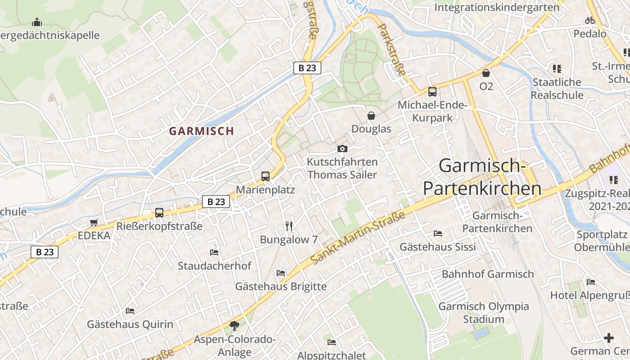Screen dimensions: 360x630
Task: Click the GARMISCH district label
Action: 201,131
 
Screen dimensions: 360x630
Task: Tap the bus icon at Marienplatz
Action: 265,176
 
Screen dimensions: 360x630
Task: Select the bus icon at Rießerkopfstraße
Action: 159,212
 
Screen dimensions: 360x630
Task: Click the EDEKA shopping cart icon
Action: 94,222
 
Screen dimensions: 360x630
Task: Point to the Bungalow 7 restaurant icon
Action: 289,226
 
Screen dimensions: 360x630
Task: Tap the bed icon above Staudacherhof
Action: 214,252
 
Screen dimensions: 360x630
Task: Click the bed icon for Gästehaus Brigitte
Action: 281,273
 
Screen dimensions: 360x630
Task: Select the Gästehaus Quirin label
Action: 130,324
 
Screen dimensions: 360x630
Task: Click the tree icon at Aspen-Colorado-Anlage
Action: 234,325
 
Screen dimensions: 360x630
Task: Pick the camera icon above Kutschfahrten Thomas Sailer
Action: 342,148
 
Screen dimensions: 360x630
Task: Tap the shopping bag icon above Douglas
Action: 371,116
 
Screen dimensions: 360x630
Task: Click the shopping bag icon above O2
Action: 486,73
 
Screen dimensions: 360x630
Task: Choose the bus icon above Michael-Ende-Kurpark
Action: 432,92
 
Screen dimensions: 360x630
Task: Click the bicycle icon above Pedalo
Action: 590,20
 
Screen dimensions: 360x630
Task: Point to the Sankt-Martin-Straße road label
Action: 358,238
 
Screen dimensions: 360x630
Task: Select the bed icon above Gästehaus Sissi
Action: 438,234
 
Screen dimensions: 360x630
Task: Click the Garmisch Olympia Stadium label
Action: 484,313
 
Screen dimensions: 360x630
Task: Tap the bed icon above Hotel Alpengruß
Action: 591,282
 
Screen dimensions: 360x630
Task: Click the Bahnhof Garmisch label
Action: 488,274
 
